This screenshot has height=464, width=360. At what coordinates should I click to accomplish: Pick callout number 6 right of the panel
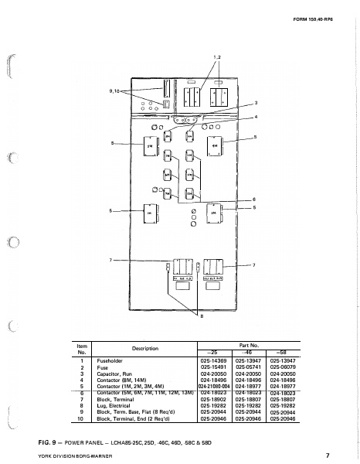(x=255, y=200)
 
